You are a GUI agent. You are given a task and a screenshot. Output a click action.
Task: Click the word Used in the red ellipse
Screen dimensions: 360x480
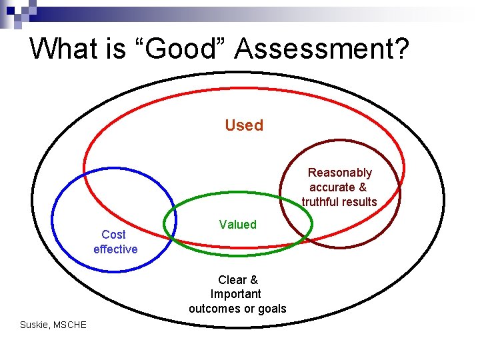point(244,125)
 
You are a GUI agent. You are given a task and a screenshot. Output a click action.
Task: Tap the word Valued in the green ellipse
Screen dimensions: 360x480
point(237,225)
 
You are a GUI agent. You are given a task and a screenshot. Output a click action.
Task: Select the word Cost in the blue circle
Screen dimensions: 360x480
point(113,235)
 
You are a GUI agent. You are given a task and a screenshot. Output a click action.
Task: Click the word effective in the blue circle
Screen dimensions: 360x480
point(115,249)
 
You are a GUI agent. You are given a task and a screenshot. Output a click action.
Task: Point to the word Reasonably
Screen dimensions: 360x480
point(340,173)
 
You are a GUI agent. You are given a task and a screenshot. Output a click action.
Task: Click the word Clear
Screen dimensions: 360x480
point(232,280)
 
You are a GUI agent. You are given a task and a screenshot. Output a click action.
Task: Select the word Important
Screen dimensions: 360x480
point(236,294)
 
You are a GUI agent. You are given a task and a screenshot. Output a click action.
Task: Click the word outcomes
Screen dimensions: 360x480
point(215,309)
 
